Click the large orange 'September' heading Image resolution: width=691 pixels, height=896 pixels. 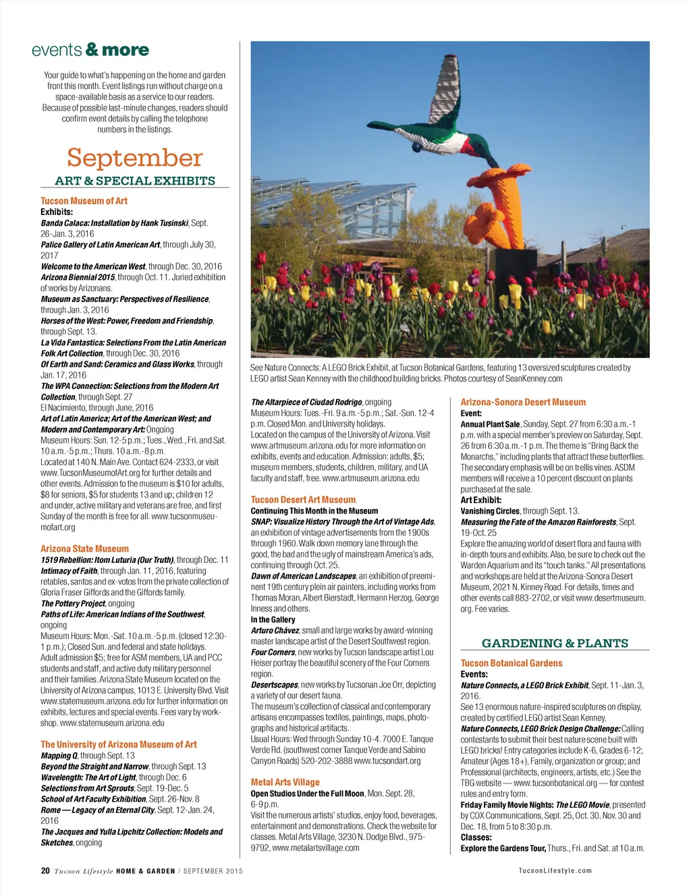tap(134, 158)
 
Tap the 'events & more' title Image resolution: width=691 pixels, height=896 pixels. tap(90, 50)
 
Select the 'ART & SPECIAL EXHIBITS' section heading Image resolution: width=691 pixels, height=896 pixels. tap(135, 181)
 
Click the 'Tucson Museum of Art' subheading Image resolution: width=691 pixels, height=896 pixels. tap(84, 201)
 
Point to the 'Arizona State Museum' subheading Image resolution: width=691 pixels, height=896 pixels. tap(84, 549)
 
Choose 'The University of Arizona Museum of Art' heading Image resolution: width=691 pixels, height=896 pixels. tap(119, 744)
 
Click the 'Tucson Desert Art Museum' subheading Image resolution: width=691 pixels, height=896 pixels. tap(303, 500)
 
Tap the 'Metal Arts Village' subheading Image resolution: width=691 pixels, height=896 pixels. tap(285, 782)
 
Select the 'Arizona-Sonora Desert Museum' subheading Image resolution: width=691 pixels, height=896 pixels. tap(523, 402)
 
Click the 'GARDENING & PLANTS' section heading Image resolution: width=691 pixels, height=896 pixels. tap(555, 643)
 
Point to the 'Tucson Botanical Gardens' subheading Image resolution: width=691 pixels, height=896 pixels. tap(512, 663)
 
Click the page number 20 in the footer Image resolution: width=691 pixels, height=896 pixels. tap(45, 870)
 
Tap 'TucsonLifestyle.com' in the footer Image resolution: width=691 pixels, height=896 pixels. tap(555, 870)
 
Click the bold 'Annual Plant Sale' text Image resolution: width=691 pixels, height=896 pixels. tap(490, 424)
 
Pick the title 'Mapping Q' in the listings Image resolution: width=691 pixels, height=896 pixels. tap(59, 756)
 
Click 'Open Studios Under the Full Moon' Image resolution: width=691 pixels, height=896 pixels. tap(307, 794)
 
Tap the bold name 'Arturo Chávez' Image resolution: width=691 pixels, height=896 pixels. tap(275, 630)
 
